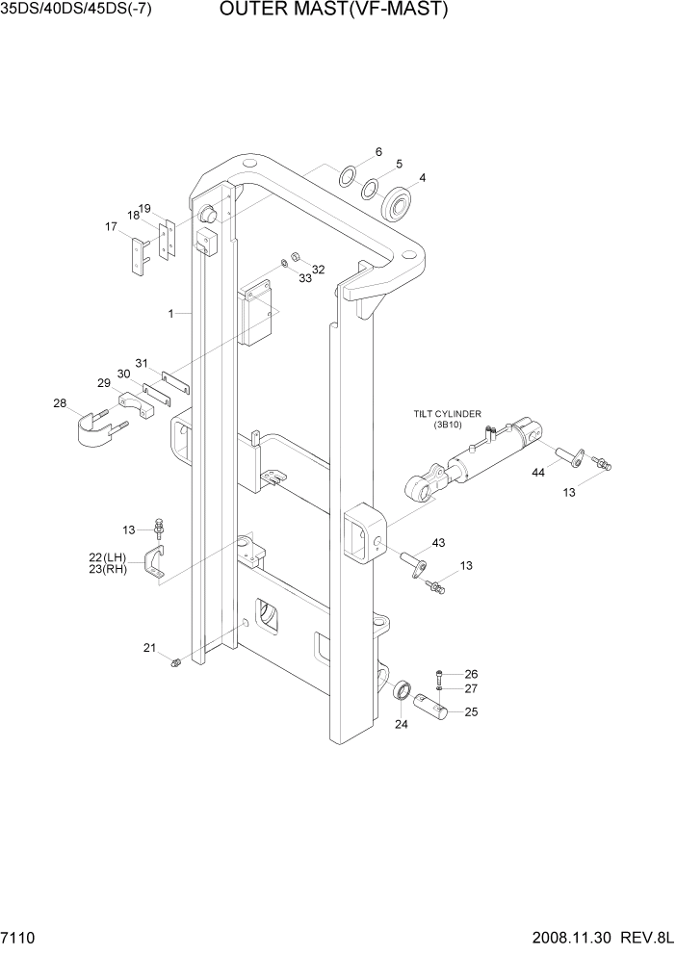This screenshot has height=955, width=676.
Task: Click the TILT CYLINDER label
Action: coord(448,413)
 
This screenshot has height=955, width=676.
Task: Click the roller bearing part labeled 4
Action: coord(397,204)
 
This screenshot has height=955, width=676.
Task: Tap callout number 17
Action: coord(111,227)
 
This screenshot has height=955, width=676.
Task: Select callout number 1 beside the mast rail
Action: coord(170,314)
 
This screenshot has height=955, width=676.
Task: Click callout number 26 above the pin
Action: coord(471,674)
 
